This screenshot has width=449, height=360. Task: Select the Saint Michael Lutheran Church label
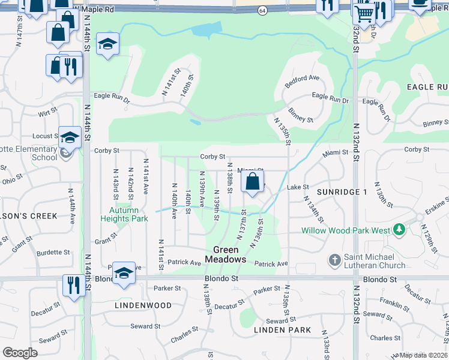click(x=375, y=261)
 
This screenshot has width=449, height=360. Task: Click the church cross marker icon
click(x=335, y=260)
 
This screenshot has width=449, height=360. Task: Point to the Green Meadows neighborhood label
click(x=226, y=254)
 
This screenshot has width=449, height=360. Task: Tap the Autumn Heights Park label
click(x=128, y=214)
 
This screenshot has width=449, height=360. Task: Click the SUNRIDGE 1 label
click(x=342, y=191)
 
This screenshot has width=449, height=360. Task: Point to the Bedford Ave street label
click(x=302, y=80)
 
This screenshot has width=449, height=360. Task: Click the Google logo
click(x=20, y=353)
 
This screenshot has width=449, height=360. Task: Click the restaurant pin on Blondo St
click(x=74, y=284)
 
